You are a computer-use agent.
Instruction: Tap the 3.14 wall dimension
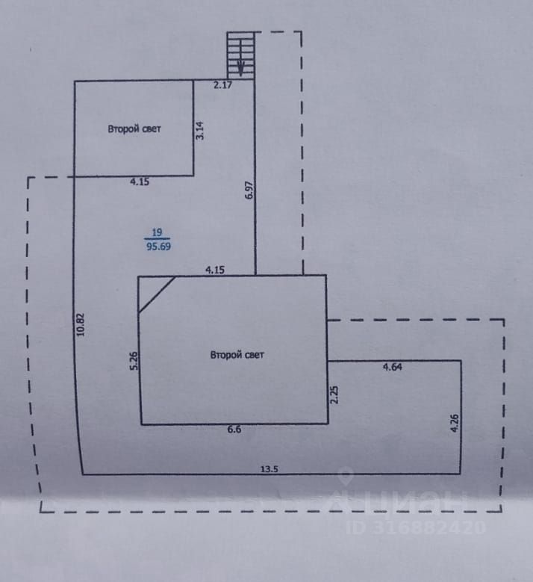coord(199,131)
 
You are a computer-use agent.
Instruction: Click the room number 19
coord(157,232)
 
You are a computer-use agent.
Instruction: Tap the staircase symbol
coord(241,55)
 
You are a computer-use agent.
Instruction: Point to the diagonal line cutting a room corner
coord(157,294)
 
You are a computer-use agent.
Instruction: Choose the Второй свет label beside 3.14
coord(134,129)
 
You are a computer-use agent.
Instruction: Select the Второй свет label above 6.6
coord(237,355)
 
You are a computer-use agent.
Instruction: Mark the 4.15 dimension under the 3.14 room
coord(140,182)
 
